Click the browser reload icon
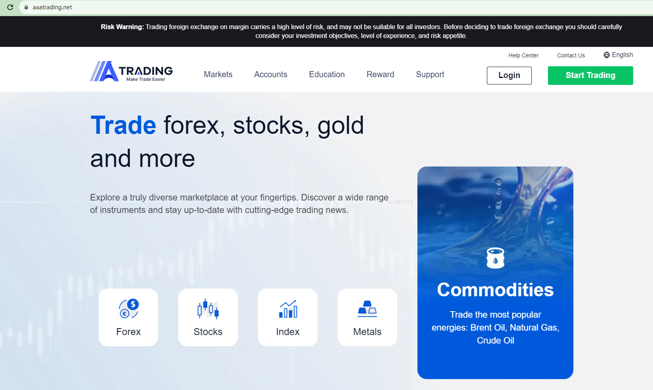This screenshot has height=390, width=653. click(x=10, y=7)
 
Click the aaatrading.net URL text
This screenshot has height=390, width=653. click(x=52, y=7)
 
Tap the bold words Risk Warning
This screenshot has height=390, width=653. click(x=122, y=27)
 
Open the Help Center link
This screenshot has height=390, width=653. click(x=523, y=55)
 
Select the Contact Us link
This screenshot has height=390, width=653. click(x=571, y=55)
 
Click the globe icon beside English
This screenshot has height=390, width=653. click(x=607, y=55)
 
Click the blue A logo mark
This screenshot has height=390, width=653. click(x=104, y=71)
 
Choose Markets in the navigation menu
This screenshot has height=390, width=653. click(x=218, y=74)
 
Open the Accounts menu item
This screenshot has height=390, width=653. click(x=270, y=74)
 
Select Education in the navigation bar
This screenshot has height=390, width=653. click(x=327, y=74)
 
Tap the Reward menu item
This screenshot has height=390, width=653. click(x=380, y=74)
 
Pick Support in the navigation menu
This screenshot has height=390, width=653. click(x=430, y=75)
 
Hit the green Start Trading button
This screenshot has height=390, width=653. click(x=590, y=76)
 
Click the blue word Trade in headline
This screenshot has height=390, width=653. click(x=123, y=125)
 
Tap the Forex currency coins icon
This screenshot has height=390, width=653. click(x=128, y=309)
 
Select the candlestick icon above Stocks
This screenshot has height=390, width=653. click(x=208, y=309)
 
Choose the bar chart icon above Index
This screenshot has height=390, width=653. click(x=288, y=309)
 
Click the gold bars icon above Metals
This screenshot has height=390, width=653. click(x=367, y=309)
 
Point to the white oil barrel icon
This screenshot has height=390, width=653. click(x=495, y=258)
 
